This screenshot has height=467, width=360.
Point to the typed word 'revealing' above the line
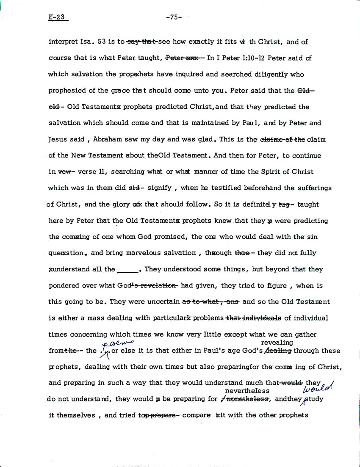(277, 343)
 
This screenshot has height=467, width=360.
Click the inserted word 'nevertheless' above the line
(247, 390)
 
